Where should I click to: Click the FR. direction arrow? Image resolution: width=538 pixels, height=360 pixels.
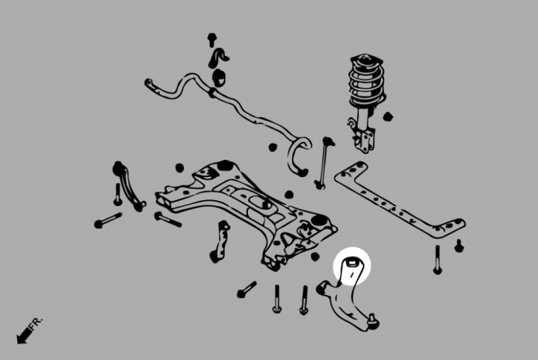[x=24, y=335]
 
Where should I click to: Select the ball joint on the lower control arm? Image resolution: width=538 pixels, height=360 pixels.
[x=373, y=321]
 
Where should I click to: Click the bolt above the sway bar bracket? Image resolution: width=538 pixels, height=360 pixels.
[x=212, y=40]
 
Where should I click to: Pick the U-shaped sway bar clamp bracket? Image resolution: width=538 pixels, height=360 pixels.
[x=218, y=58]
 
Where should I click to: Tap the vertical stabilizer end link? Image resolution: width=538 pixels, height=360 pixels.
[x=324, y=163]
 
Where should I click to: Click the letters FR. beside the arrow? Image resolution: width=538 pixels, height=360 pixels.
[x=36, y=323]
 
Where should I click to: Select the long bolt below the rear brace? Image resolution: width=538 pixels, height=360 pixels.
[x=437, y=259]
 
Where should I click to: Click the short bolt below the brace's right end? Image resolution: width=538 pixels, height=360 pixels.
[x=459, y=246]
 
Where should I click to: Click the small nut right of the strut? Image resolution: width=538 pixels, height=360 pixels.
[x=388, y=117]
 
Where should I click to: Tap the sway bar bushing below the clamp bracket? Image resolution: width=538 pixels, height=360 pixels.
[x=219, y=78]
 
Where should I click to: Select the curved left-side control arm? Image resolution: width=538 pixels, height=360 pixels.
[x=128, y=186]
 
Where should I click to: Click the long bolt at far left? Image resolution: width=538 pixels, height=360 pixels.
[x=108, y=220]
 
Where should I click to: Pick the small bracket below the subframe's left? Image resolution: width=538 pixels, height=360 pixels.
[x=220, y=241]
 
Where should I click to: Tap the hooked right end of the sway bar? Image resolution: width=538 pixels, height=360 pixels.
[x=299, y=156]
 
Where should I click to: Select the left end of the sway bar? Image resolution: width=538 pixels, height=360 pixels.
[x=149, y=84]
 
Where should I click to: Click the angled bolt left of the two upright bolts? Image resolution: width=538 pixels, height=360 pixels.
[x=247, y=289]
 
